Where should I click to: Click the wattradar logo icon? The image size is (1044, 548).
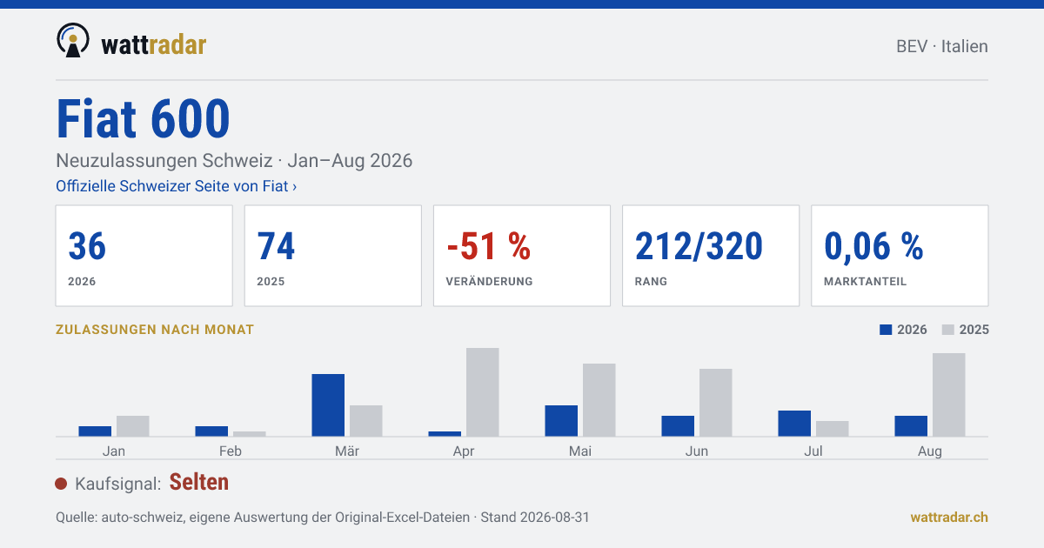coord(73,40)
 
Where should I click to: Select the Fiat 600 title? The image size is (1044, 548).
coord(143,118)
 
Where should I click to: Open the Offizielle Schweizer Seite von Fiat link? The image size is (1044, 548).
coord(176,186)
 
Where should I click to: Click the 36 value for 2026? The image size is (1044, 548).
coord(87,245)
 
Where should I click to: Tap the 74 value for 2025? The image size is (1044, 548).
coord(276,245)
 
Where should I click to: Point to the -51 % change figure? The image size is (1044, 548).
coord(488,245)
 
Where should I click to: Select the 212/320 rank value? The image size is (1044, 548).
coord(699,245)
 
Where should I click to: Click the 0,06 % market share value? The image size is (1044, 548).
coord(873,246)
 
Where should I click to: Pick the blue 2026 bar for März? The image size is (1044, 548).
coord(328,405)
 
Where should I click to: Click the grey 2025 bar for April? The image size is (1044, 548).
coord(482,392)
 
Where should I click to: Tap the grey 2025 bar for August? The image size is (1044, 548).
coord(949,395)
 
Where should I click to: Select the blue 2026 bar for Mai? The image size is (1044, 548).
coord(561,421)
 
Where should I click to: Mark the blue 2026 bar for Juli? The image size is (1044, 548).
coord(794,423)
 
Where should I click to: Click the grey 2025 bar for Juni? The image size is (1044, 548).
coord(715,403)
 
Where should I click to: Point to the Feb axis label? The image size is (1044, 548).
coord(231,451)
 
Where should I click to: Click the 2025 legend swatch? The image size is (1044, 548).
coord(948,330)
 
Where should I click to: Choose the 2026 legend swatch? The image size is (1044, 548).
coord(886,330)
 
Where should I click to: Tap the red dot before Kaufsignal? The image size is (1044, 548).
coord(61,484)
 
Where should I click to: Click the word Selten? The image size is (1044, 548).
coord(199,482)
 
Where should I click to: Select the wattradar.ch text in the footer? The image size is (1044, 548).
coord(949,518)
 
